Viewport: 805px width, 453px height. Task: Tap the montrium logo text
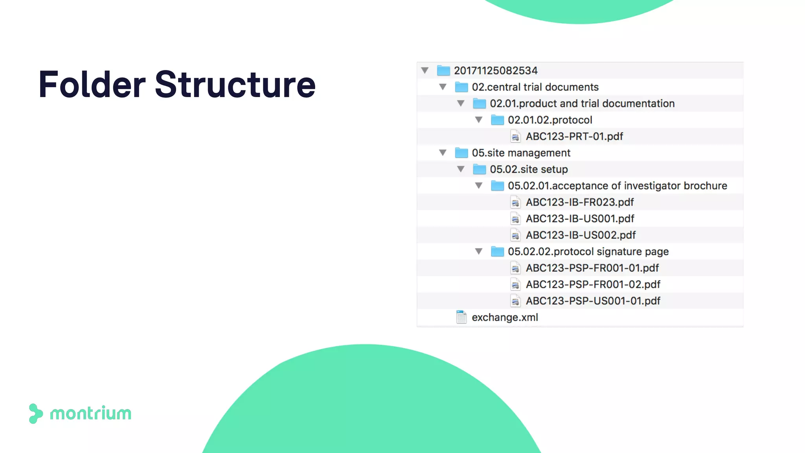click(90, 414)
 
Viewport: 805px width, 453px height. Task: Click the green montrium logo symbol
click(35, 414)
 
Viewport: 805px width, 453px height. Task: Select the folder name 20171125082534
click(496, 71)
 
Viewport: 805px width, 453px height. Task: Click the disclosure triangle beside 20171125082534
click(425, 71)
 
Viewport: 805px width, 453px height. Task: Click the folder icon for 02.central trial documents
click(461, 87)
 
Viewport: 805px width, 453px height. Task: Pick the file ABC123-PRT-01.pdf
click(574, 136)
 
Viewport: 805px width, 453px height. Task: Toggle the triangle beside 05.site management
click(443, 153)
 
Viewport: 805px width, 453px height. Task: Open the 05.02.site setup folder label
click(529, 169)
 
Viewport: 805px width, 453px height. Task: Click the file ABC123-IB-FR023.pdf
click(580, 202)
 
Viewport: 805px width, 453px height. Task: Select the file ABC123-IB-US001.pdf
click(580, 219)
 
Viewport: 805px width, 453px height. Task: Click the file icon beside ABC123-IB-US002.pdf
click(515, 235)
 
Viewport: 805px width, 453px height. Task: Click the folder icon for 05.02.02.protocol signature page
click(497, 252)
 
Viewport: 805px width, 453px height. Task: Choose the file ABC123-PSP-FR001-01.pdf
click(592, 268)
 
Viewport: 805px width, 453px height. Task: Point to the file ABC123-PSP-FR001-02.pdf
click(593, 284)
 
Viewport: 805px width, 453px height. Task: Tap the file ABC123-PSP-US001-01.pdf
click(593, 301)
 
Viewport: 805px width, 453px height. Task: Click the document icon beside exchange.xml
click(461, 317)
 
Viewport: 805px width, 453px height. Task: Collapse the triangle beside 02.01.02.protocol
click(479, 120)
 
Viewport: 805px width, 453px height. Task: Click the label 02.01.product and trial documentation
click(582, 103)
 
